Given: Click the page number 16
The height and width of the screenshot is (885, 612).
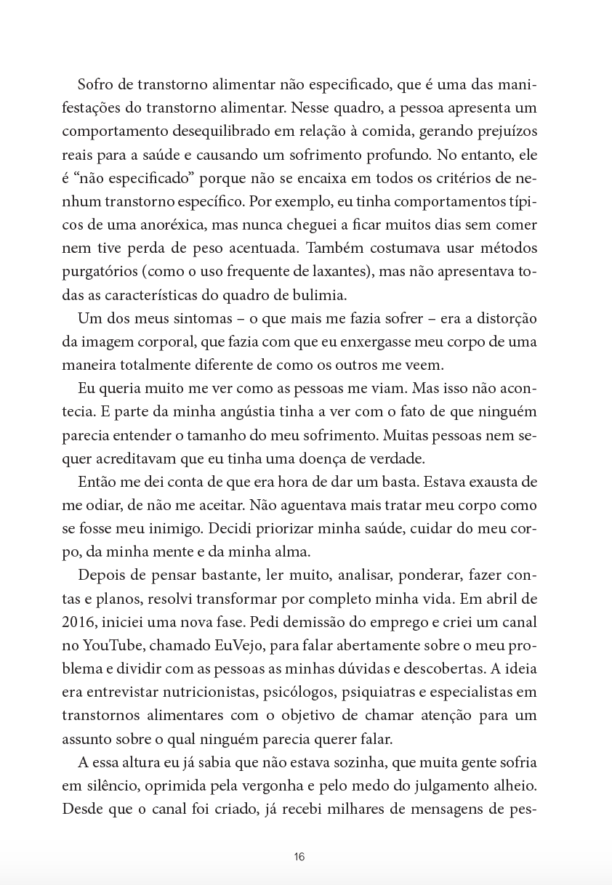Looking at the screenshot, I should pyautogui.click(x=299, y=857).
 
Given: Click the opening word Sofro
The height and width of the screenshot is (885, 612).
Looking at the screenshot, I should pyautogui.click(x=94, y=85).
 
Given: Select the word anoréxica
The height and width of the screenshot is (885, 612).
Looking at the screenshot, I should pyautogui.click(x=180, y=225).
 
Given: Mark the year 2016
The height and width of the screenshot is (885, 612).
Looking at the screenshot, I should pyautogui.click(x=77, y=622).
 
